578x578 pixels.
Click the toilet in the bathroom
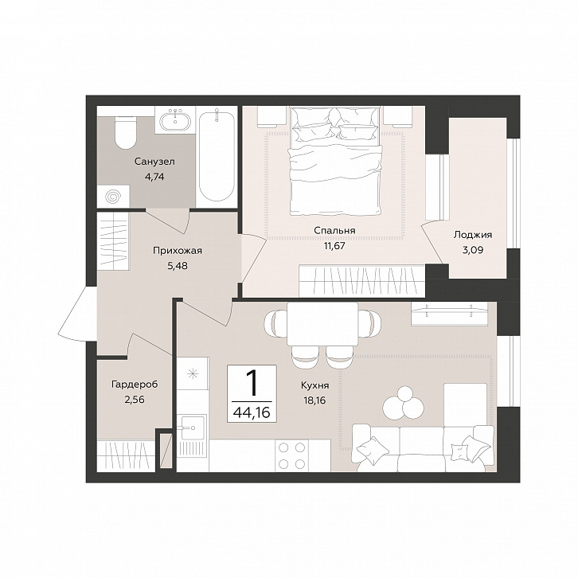125,133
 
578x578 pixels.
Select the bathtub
217,155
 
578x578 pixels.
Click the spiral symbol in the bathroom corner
113,197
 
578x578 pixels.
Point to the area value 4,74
154,177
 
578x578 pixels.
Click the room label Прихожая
178,251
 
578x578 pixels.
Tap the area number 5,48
178,265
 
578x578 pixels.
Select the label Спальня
334,231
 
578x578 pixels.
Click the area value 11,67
334,245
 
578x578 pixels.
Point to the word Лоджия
473,235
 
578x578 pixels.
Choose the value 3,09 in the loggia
473,250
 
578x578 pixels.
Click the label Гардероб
135,385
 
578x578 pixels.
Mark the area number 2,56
135,400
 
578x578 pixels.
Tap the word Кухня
314,385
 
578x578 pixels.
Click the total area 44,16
252,412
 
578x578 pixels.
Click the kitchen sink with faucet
192,428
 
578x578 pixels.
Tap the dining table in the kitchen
322,324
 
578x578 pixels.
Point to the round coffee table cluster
402,403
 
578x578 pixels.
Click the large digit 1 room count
252,384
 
